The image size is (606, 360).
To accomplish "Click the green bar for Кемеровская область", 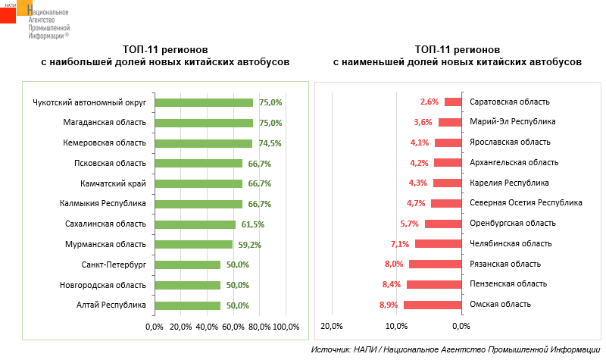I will click(203, 143).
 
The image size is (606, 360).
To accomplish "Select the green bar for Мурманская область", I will click(193, 244).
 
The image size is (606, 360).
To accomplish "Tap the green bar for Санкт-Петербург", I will click(187, 265).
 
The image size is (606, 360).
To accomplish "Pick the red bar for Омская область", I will click(433, 305).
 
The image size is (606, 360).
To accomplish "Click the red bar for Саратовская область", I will click(453, 102).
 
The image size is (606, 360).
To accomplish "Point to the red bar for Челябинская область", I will click(439, 243).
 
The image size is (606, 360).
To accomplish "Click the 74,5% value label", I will click(270, 143).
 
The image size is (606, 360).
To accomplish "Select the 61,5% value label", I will click(253, 224).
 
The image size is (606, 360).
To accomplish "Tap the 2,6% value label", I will click(430, 102).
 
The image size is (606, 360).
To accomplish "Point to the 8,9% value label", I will click(389, 305).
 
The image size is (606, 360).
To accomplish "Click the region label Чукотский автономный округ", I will click(89, 102).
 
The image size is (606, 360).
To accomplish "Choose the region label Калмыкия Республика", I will click(102, 204).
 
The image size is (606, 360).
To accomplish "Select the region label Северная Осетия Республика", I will click(526, 203).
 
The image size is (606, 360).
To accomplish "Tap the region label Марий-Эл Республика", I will click(513, 122).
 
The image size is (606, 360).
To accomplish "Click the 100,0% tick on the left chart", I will click(286, 327).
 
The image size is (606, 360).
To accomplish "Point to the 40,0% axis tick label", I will click(206, 327).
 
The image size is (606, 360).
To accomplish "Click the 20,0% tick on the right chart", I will click(333, 327).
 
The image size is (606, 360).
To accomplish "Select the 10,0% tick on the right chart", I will click(397, 327).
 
